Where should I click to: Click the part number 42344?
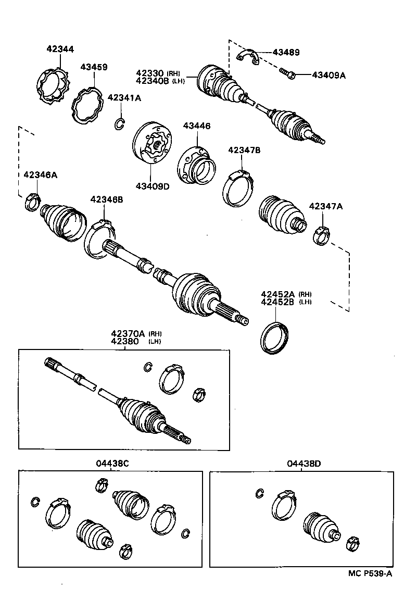coord(60,49)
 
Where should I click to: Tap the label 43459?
coord(94,67)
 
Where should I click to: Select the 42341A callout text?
coord(124,97)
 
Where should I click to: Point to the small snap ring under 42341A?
coord(119,124)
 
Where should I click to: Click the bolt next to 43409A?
coord(288,74)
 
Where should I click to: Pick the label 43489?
coord(286,53)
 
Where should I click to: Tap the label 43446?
coord(196,126)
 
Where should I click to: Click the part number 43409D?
coord(153,186)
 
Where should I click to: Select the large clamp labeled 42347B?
coord(239,189)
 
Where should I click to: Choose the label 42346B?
coord(106,199)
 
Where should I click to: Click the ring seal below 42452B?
coord(275,337)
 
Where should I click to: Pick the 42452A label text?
coord(278,294)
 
